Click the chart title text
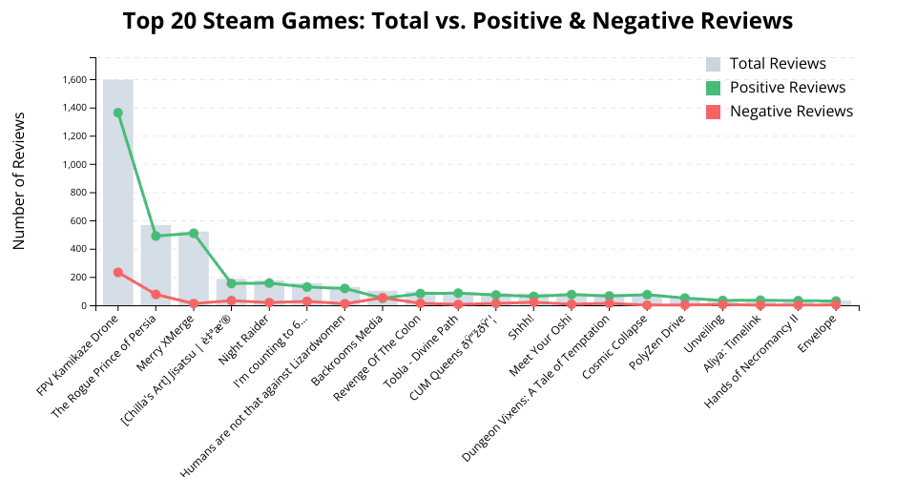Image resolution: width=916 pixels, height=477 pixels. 458,20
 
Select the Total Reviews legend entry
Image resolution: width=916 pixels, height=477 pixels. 778,64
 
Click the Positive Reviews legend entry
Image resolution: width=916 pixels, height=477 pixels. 787,88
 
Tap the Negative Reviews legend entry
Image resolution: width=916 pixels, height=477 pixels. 791,112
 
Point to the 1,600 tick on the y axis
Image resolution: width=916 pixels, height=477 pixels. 74,79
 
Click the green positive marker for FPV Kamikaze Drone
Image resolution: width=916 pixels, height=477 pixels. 117,113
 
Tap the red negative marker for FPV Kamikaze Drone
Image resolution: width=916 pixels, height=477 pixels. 117,273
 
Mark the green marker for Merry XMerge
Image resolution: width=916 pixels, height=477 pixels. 194,233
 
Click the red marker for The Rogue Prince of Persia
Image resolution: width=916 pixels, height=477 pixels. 156,295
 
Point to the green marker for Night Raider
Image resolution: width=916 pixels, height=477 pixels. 269,283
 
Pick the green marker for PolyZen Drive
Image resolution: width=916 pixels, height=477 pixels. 685,299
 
